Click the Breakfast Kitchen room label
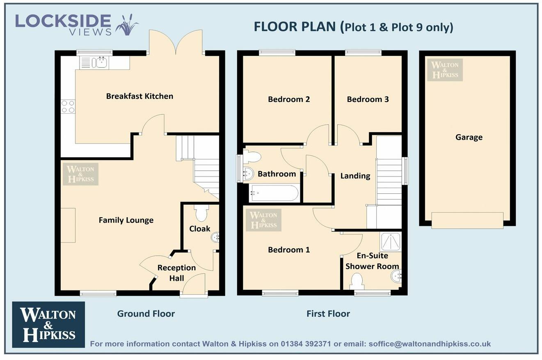coord(140,96)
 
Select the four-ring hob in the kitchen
coord(68,106)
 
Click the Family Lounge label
coord(126,220)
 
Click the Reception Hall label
coord(176,273)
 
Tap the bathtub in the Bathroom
coord(274,193)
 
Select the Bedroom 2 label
coord(288,99)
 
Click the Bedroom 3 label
coord(368,99)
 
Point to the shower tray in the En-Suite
coord(391,242)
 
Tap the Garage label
coord(469,137)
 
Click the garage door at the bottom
coord(467,220)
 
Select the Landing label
coord(355,176)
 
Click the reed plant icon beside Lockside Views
coord(127,25)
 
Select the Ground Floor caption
coord(146,314)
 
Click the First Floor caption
coord(328,314)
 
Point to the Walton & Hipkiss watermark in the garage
coord(445,70)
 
